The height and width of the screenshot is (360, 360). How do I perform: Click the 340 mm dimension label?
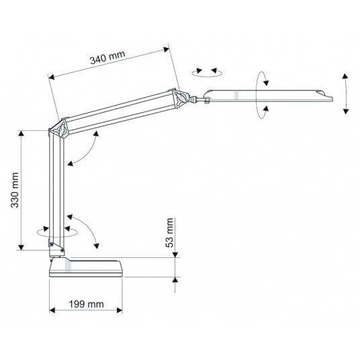(x=107, y=57)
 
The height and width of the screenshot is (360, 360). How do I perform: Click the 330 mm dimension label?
(x=15, y=190)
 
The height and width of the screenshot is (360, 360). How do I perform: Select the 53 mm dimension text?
(x=169, y=232)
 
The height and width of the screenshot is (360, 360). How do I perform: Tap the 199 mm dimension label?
(x=87, y=304)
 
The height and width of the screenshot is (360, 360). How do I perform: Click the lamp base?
(x=86, y=267)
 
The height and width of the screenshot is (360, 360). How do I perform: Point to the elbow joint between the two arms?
(x=59, y=129)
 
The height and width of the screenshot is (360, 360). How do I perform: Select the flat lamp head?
(x=268, y=96)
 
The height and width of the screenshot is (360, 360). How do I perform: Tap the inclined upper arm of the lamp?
(x=120, y=112)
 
